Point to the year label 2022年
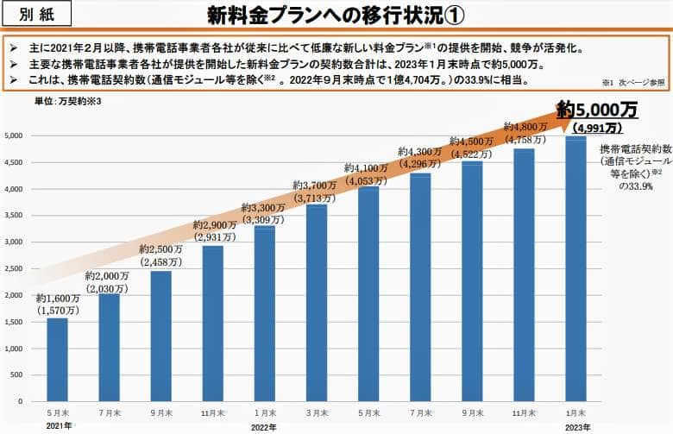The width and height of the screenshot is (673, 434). pos(264,426)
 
